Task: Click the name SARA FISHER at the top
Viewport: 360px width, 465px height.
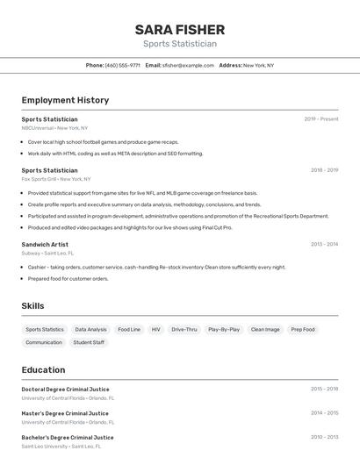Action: (179, 30)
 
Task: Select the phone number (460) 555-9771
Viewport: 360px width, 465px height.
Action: (122, 65)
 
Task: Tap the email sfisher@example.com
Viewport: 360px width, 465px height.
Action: (188, 65)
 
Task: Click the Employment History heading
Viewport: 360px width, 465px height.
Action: (65, 100)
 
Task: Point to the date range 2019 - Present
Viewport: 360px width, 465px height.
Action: (320, 119)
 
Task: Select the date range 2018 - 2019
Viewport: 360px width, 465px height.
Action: (324, 170)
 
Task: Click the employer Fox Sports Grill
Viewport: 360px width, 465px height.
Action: (40, 179)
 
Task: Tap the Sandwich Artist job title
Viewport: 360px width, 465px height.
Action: (45, 244)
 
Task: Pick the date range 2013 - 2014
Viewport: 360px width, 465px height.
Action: (324, 244)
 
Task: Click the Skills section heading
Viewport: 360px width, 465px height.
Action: (33, 305)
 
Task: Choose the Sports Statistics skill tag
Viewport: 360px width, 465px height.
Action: (45, 330)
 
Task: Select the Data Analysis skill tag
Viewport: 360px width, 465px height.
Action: (90, 330)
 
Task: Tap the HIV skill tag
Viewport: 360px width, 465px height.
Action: (155, 330)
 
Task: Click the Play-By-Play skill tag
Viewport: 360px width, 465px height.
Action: (223, 330)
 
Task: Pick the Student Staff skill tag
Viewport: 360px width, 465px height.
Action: (89, 342)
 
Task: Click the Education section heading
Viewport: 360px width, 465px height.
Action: (43, 370)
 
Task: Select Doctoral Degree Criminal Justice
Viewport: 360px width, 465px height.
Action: (66, 389)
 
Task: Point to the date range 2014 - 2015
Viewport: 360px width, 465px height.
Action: (324, 413)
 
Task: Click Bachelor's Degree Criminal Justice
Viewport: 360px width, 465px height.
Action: (68, 437)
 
